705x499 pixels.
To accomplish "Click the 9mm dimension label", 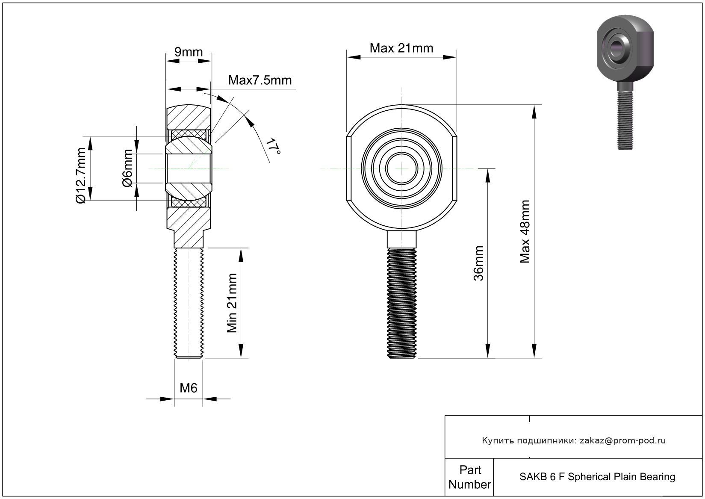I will (189, 52).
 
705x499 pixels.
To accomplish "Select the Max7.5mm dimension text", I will (260, 80).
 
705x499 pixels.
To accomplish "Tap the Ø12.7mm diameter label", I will (81, 175).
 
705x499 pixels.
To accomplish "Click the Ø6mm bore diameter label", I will (127, 168).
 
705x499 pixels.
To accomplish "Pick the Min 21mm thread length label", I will (231, 303).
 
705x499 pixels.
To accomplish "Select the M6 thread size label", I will (188, 388).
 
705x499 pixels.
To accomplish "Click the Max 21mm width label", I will (401, 48).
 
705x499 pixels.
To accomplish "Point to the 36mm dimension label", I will (478, 263).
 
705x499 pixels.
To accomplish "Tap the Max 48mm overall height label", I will (525, 231).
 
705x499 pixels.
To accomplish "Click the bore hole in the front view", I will (401, 168).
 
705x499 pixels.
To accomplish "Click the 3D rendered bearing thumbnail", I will (625, 81).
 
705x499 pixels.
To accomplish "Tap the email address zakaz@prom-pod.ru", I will (622, 440).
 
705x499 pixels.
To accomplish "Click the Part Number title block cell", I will (469, 477).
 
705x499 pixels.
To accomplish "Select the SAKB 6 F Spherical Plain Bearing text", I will (597, 477).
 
